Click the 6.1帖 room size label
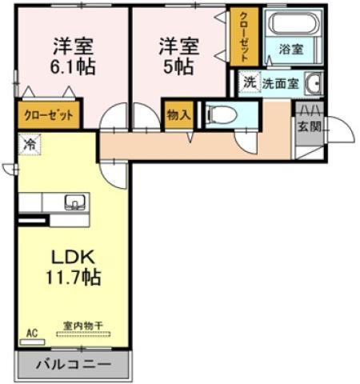(73, 66)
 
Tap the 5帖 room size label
(178, 66)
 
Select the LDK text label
(73, 257)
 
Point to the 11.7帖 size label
(74, 278)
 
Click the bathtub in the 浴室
(294, 22)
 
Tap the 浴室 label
(291, 50)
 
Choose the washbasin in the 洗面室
(314, 83)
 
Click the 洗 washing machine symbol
(250, 82)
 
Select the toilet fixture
(222, 115)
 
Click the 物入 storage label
(178, 115)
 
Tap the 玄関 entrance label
(310, 126)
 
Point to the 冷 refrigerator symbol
(30, 144)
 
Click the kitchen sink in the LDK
(75, 202)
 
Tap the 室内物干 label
(83, 326)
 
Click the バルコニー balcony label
(73, 364)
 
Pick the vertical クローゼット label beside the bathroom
(244, 37)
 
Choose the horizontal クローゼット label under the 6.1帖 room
(49, 115)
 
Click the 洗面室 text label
(281, 84)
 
